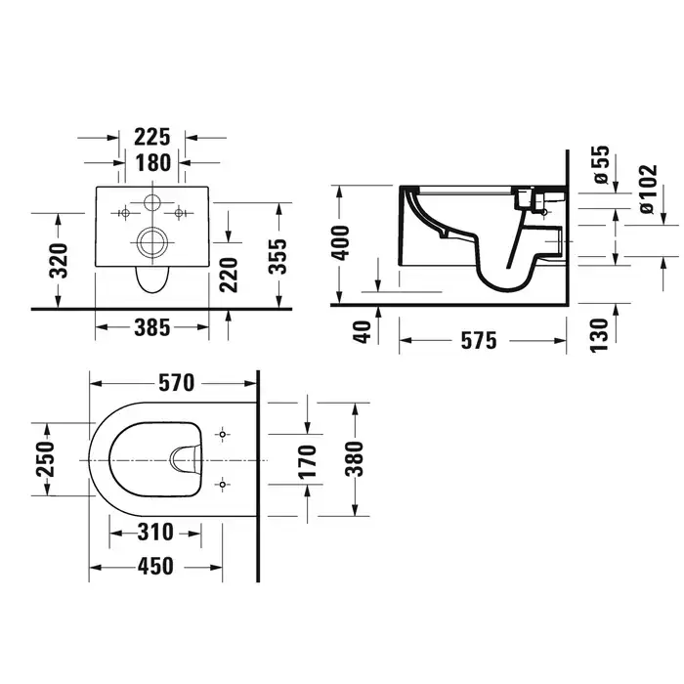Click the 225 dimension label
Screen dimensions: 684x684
tap(151, 137)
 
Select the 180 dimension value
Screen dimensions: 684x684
tap(152, 163)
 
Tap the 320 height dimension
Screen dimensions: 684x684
tap(59, 261)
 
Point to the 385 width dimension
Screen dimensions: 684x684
tap(151, 327)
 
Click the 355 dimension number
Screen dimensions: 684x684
tap(278, 256)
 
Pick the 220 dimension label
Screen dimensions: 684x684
tap(229, 275)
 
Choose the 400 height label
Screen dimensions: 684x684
tap(340, 243)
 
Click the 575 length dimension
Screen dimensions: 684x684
tap(479, 340)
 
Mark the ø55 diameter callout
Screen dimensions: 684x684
tap(601, 164)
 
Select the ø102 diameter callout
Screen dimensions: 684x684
tap(648, 189)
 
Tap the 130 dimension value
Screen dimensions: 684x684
tap(599, 335)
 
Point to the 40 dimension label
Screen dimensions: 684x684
tap(363, 332)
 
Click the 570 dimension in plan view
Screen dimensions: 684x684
tap(176, 383)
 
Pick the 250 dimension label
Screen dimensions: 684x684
tap(46, 459)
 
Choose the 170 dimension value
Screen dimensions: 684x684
tap(307, 461)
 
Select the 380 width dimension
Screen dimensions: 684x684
tap(354, 459)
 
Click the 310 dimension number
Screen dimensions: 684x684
tap(155, 533)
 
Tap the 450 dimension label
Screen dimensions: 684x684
tap(155, 567)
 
